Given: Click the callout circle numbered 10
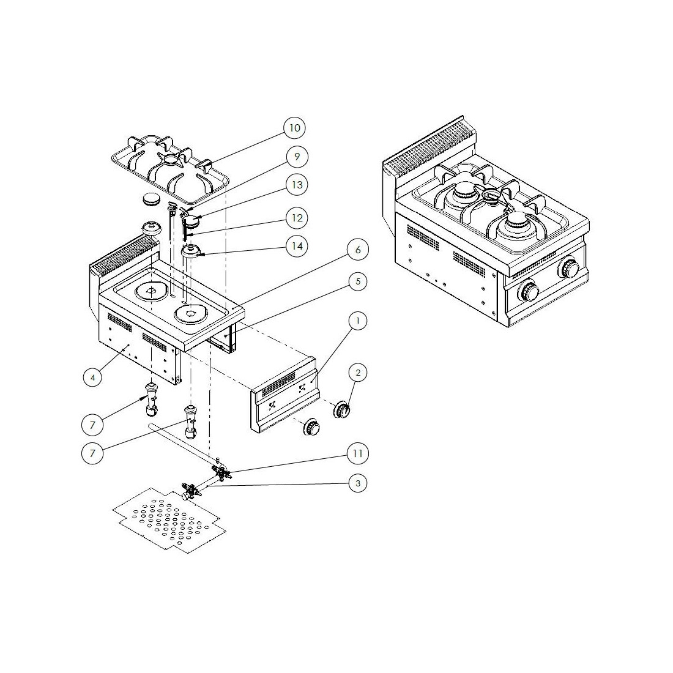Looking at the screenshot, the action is coord(295,128).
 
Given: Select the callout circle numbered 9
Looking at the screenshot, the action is coord(297,157).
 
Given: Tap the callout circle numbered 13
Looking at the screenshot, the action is coord(297,185).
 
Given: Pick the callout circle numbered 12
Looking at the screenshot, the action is coord(297,218).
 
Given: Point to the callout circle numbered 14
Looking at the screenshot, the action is coord(297,247).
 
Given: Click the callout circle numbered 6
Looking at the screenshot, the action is coord(358,250).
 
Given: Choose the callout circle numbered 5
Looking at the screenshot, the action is coord(358,282).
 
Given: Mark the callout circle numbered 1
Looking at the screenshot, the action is coord(358,320).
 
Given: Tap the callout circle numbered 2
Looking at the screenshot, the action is coord(358,373).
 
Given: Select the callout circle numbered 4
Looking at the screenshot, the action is coord(93,377).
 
